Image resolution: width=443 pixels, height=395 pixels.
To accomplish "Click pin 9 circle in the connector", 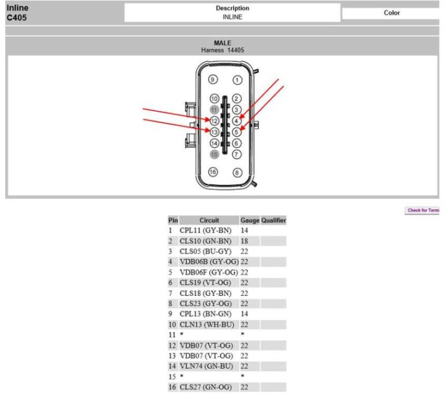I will coord(213,80).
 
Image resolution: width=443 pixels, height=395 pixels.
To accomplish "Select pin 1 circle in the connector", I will coord(236,80).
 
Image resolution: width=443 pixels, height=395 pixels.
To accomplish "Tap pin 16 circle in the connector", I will coord(213,172).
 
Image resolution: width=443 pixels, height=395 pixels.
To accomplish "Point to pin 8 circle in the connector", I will coord(236,172).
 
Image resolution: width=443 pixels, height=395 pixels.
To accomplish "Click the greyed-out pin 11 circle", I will coord(214,110).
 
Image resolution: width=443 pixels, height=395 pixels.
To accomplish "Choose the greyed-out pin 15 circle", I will coord(214,154).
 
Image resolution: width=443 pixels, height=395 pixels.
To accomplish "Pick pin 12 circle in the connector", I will coord(214,121).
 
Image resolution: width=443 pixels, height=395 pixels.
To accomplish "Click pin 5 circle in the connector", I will coord(236,132).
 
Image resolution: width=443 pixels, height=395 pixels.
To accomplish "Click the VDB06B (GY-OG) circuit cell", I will coord(209,261).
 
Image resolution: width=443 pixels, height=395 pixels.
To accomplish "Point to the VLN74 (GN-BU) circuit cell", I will coord(207,366).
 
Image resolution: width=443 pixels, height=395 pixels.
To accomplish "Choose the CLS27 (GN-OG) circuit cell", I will coord(207,387).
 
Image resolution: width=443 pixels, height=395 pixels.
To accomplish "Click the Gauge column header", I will coord(250,220).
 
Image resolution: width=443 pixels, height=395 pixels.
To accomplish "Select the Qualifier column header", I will coord(273,220).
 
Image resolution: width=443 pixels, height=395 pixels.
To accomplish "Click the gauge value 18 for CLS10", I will coord(244,240).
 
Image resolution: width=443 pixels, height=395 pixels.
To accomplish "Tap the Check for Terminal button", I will coord(423,210).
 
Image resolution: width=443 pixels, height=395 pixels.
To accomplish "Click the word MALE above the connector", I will coord(222,43).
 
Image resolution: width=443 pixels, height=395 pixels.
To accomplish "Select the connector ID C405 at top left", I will coord(17,18).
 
